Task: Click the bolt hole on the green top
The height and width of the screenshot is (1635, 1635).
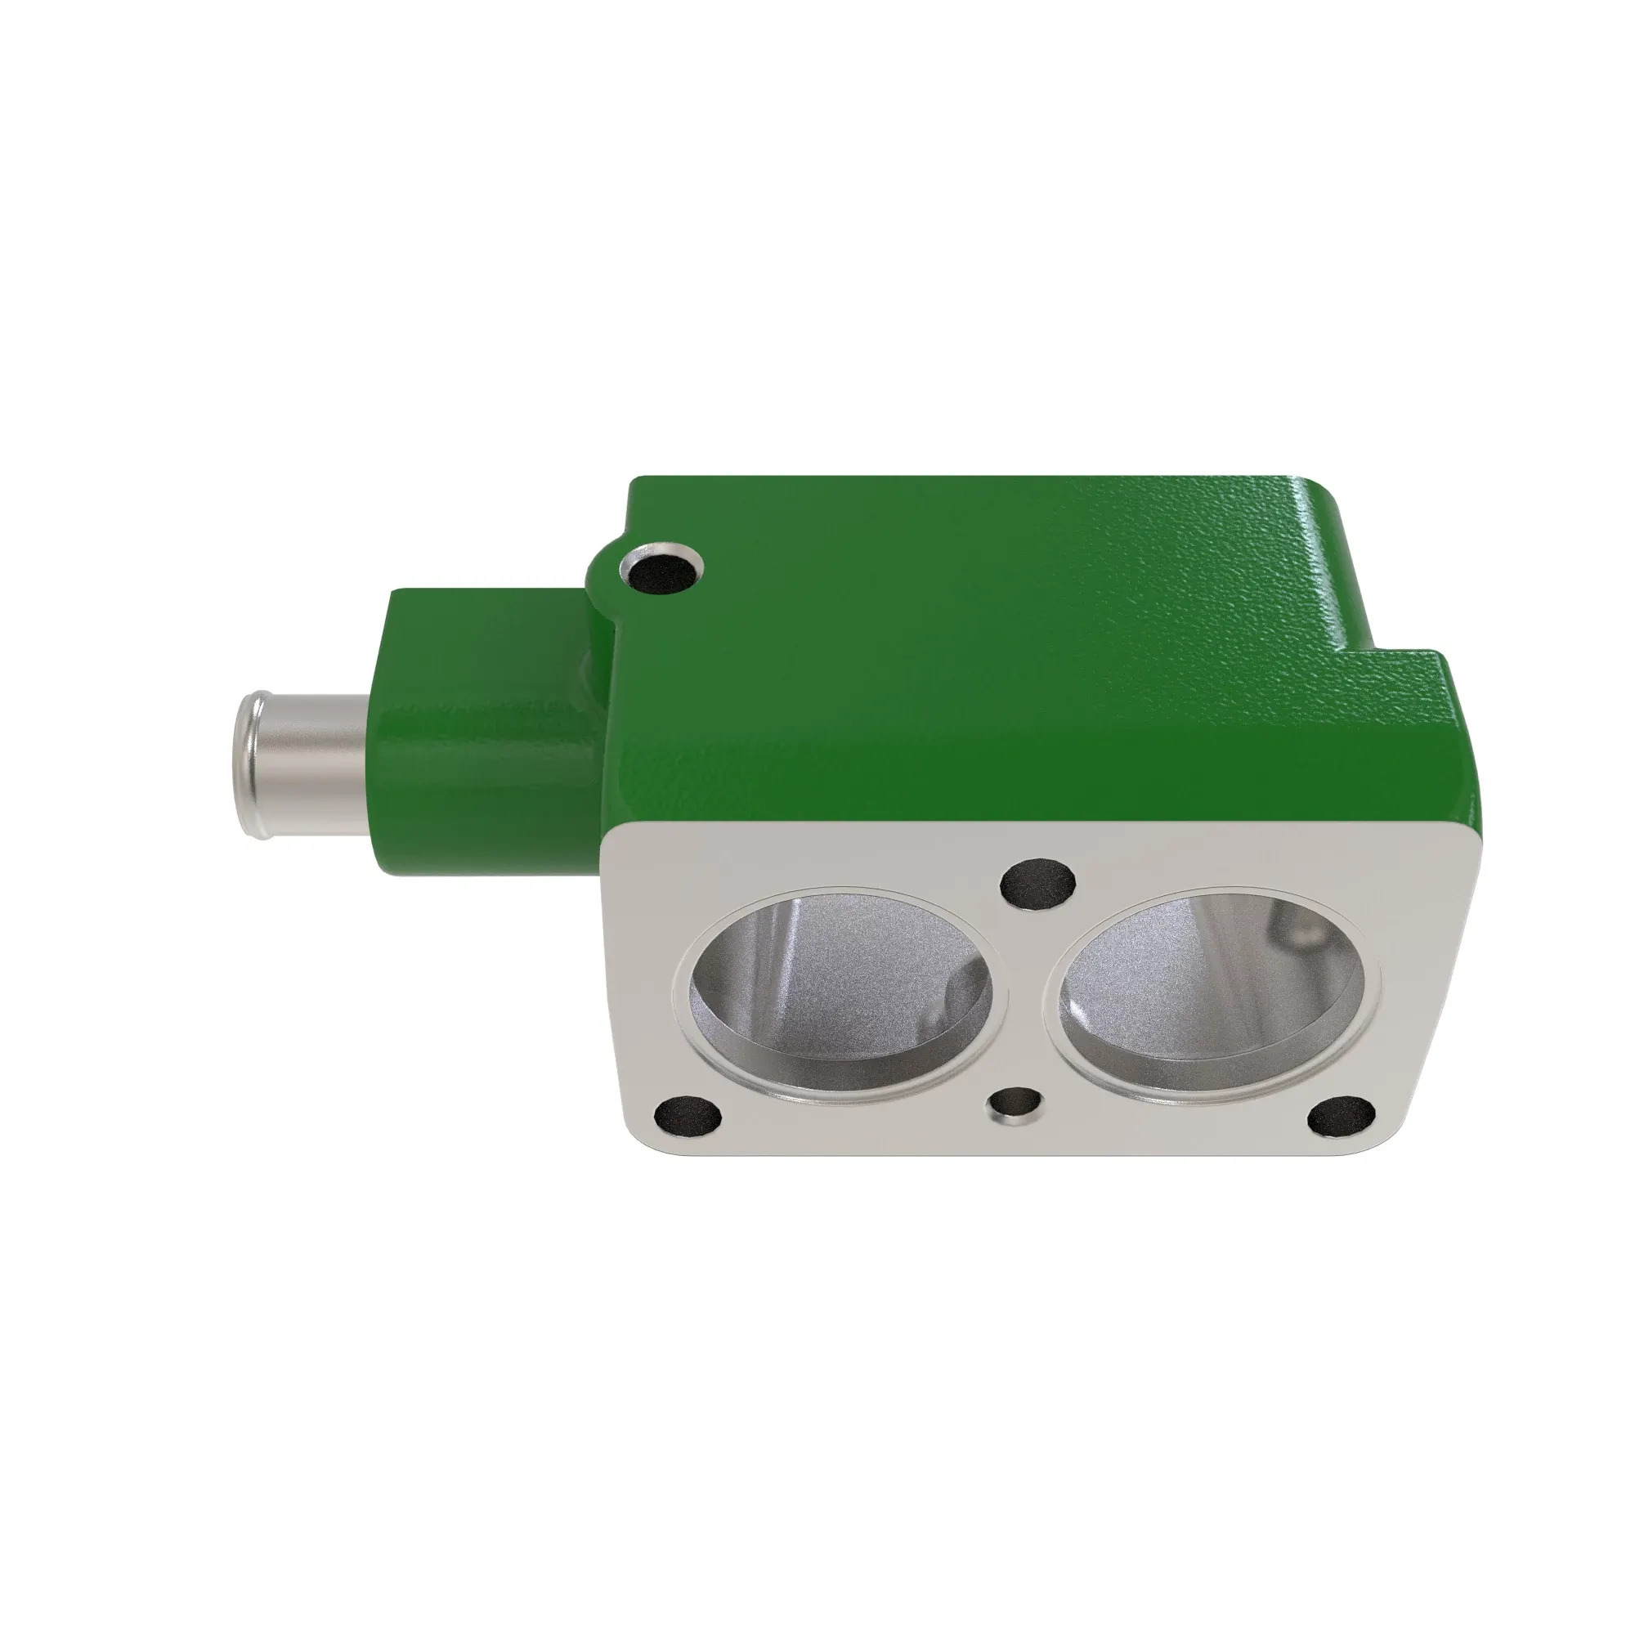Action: point(661,569)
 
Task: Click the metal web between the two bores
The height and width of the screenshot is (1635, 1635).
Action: point(1027,999)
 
